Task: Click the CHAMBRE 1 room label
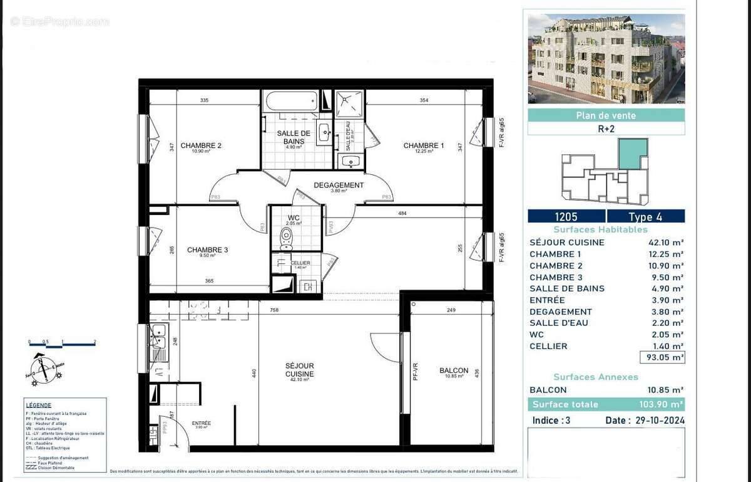pyautogui.click(x=424, y=146)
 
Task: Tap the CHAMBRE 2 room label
pyautogui.click(x=201, y=146)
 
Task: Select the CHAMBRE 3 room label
pyautogui.click(x=207, y=250)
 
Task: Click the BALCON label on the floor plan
pyautogui.click(x=453, y=370)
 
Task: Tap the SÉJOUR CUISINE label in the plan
pyautogui.click(x=299, y=370)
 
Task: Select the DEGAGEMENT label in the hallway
pyautogui.click(x=339, y=185)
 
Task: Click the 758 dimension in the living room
pyautogui.click(x=274, y=310)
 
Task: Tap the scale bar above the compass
pyautogui.click(x=62, y=343)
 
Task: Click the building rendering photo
pyautogui.click(x=606, y=59)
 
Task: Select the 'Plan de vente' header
pyautogui.click(x=606, y=115)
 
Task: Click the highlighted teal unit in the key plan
pyautogui.click(x=630, y=154)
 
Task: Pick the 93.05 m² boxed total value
pyautogui.click(x=662, y=358)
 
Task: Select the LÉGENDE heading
pyautogui.click(x=38, y=405)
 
